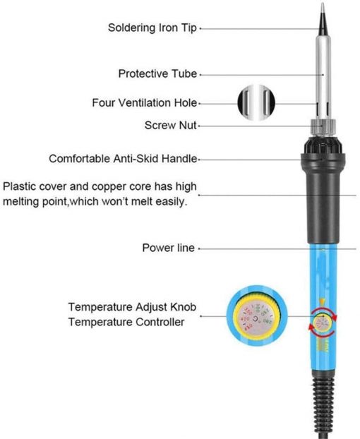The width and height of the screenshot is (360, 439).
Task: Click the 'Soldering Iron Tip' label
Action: tap(152, 28)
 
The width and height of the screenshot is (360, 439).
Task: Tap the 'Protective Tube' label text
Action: tap(157, 74)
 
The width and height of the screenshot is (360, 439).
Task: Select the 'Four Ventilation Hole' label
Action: tap(145, 103)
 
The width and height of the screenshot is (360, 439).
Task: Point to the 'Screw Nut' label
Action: tap(171, 125)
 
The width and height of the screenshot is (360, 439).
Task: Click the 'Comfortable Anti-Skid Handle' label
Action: tap(123, 159)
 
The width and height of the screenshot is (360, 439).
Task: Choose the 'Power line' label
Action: tap(168, 248)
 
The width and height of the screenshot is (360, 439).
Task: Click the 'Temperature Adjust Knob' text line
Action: tap(132, 307)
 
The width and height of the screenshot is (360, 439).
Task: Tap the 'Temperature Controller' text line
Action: tap(126, 322)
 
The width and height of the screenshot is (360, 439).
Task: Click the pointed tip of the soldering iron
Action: tap(323, 4)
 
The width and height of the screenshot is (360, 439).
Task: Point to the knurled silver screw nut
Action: tap(323, 127)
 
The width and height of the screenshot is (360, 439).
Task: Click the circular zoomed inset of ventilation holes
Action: tap(256, 103)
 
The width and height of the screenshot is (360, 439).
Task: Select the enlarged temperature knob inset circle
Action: tap(257, 316)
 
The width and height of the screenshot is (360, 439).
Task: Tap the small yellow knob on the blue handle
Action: tap(323, 323)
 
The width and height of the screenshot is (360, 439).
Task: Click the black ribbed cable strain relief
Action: tap(323, 406)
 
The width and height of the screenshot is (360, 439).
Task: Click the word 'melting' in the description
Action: tap(20, 202)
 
